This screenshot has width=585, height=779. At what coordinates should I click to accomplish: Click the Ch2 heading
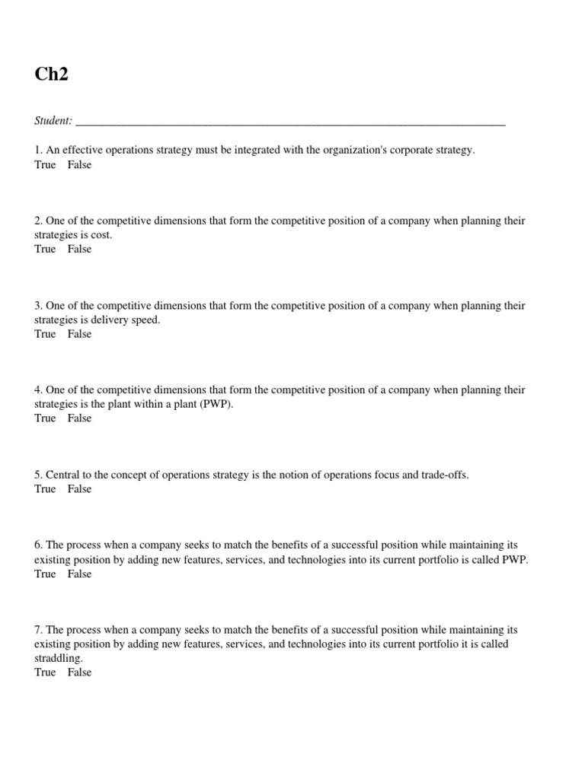[x=51, y=75]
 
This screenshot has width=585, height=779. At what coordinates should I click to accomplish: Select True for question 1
[x=45, y=164]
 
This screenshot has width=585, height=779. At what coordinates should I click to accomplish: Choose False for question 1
[x=79, y=164]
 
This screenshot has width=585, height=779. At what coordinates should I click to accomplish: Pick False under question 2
[x=79, y=249]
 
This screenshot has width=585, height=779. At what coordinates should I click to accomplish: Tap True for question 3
[x=45, y=333]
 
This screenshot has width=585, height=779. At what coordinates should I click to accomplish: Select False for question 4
[x=79, y=418]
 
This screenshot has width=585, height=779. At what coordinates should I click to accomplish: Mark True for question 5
[x=45, y=488]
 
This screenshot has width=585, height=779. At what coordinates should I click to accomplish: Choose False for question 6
[x=79, y=574]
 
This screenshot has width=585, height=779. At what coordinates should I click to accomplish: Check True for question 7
[x=45, y=672]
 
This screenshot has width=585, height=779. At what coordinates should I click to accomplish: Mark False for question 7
[x=79, y=672]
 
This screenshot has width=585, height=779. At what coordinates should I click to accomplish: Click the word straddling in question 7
[x=58, y=658]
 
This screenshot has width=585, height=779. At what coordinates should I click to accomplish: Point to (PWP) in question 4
[x=216, y=404]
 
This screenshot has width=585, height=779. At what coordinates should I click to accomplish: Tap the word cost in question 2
[x=101, y=235]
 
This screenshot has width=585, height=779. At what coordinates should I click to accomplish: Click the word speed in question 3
[x=145, y=320]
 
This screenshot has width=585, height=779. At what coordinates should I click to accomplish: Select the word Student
[x=53, y=120]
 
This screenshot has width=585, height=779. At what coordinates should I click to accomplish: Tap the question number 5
[x=38, y=475]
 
